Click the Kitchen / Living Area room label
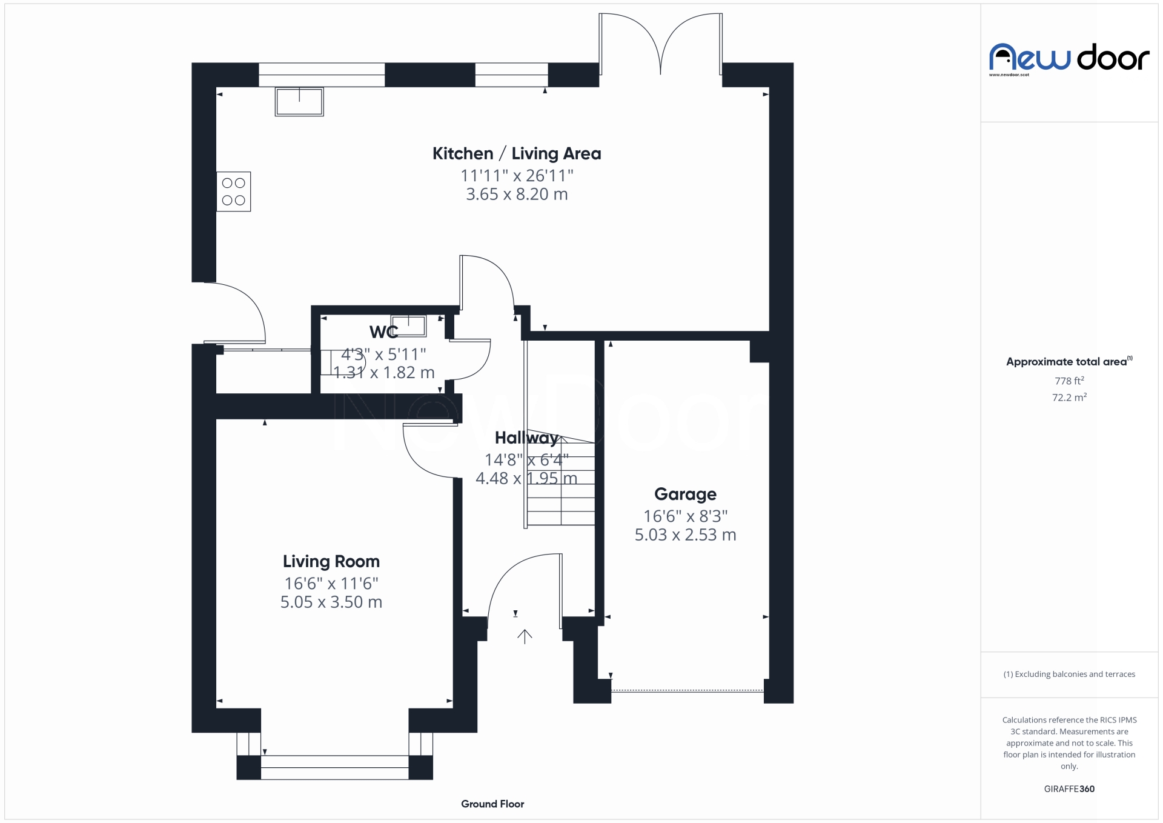[x=516, y=154]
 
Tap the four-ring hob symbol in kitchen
[x=233, y=192]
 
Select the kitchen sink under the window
[x=299, y=102]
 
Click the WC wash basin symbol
[x=408, y=326]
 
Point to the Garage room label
[x=685, y=495]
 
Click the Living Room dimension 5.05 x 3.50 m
[x=331, y=602]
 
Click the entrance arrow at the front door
[x=525, y=636]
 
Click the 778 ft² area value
[x=1069, y=381]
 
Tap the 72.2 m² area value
[x=1069, y=398]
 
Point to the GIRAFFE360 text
[x=1069, y=789]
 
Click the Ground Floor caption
[x=492, y=804]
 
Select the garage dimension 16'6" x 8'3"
[x=685, y=516]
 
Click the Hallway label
[x=526, y=438]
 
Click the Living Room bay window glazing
[x=334, y=767]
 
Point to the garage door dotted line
[x=687, y=690]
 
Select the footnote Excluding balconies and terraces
[x=1069, y=675]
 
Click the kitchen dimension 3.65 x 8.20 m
[x=517, y=195]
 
